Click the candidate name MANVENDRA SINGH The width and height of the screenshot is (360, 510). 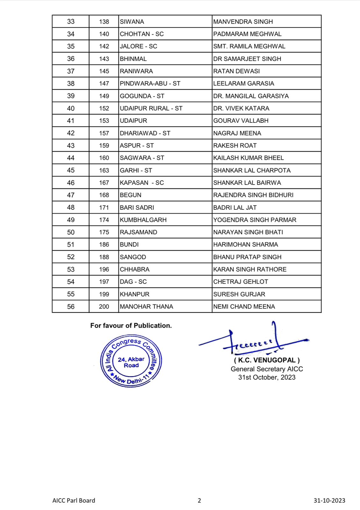(x=243, y=22)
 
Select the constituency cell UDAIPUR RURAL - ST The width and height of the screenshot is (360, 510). (x=151, y=108)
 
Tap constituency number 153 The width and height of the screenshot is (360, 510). (x=104, y=121)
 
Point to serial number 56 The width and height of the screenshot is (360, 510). (x=71, y=307)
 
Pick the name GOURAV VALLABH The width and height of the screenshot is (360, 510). (x=241, y=121)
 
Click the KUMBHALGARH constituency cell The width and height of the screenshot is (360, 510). (x=143, y=220)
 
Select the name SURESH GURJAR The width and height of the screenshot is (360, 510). (x=239, y=294)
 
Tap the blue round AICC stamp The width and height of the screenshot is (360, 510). (x=131, y=361)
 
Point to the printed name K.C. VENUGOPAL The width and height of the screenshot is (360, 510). (x=267, y=360)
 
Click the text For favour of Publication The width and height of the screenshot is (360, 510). (x=131, y=325)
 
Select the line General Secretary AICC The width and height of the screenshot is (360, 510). (x=267, y=369)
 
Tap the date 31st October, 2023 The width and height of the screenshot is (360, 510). (x=267, y=377)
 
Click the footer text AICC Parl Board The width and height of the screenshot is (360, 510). (x=74, y=500)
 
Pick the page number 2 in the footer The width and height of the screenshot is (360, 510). (x=199, y=500)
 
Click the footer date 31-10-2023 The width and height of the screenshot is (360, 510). (x=329, y=500)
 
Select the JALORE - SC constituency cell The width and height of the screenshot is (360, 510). (x=139, y=47)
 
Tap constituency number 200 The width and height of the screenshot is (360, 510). (x=104, y=307)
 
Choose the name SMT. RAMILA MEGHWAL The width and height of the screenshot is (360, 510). (x=249, y=47)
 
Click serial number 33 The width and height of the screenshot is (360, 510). (x=71, y=22)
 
